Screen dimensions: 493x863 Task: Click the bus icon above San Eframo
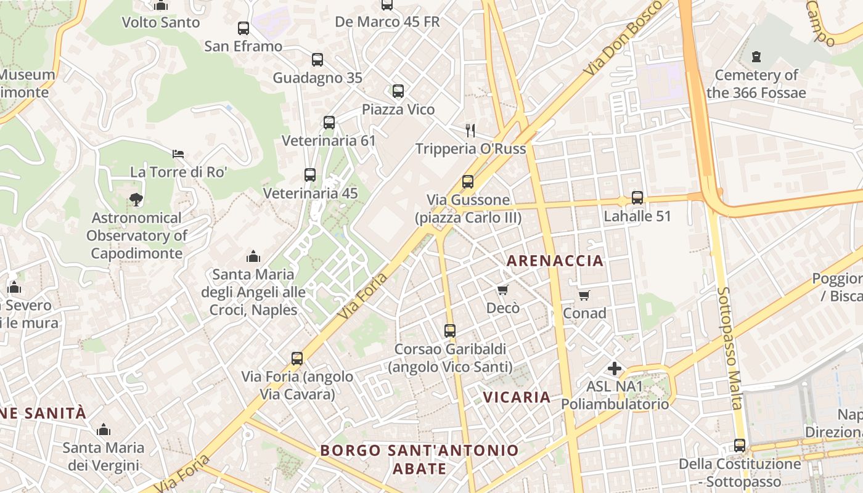click(x=243, y=28)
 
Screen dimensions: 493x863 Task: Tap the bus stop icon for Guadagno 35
click(x=317, y=60)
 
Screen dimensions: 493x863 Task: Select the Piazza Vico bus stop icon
click(x=398, y=91)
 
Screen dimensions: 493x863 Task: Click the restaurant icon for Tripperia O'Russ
click(x=470, y=131)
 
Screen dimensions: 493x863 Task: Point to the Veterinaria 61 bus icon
click(x=329, y=123)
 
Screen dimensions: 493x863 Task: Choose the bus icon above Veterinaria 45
click(x=310, y=175)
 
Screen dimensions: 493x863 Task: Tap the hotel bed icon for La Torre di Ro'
click(x=178, y=153)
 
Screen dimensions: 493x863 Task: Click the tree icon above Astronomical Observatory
click(x=136, y=200)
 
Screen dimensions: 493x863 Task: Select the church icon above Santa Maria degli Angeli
click(x=253, y=256)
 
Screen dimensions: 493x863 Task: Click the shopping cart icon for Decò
click(x=503, y=290)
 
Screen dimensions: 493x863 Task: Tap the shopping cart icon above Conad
click(x=584, y=295)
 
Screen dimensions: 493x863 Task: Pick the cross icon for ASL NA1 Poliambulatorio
click(x=615, y=369)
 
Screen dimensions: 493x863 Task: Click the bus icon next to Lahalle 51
click(x=637, y=198)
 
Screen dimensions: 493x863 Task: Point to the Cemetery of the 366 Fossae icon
click(x=756, y=57)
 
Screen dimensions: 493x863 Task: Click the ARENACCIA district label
click(x=555, y=261)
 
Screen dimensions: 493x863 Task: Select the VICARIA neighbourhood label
click(x=517, y=397)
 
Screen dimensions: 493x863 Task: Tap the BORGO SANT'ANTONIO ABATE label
click(x=419, y=459)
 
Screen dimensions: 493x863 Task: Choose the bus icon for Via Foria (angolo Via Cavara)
click(x=297, y=359)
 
